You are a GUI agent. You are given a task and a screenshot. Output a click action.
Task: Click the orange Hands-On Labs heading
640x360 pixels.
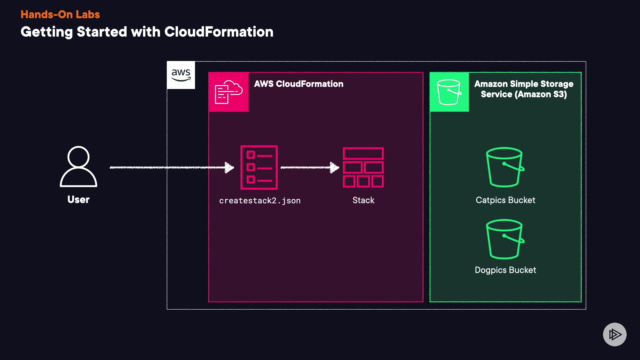60,14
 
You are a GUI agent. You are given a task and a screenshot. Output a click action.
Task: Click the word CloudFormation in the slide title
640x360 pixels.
219,32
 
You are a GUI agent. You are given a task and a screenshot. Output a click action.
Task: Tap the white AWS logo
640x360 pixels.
181,75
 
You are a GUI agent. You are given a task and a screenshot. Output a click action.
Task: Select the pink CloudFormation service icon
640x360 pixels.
229,92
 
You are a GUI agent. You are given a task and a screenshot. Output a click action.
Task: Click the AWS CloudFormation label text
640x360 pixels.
299,84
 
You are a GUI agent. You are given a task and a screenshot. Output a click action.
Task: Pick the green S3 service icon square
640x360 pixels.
449,92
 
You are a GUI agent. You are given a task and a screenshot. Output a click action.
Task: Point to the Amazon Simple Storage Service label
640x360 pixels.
524,89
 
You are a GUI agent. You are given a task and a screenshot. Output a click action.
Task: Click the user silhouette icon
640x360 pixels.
78,167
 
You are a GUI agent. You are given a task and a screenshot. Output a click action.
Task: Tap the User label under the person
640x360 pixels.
78,199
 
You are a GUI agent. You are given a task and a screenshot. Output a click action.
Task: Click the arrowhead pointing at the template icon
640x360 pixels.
230,167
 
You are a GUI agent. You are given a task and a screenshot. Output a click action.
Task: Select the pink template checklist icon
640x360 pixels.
259,167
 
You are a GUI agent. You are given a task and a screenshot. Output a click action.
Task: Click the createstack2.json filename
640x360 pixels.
260,201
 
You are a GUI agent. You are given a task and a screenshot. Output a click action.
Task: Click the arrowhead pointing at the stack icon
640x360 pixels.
334,167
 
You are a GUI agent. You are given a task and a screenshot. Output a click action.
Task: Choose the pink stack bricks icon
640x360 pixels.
363,167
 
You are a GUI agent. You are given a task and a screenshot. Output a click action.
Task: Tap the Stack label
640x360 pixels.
363,200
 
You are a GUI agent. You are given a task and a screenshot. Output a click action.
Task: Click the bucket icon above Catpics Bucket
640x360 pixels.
505,167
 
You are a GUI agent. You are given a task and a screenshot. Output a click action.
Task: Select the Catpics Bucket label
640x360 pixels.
505,200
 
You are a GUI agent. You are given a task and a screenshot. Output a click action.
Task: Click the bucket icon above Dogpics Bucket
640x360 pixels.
505,239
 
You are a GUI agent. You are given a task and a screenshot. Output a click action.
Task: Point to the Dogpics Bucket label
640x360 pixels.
505,270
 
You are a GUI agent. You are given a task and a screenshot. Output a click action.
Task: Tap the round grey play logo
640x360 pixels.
615,334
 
